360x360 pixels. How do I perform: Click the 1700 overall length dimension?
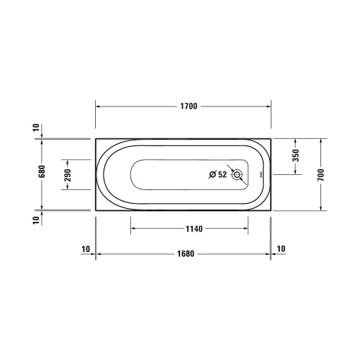coord(189,106)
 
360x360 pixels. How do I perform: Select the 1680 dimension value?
coord(186,253)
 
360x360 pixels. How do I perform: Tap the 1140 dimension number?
coord(194,229)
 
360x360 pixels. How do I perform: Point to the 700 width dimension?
coord(321,175)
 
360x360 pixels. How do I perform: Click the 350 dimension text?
coord(296,156)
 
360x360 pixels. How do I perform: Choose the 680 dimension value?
coord(42,171)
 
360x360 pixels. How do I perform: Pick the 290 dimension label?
coord(68,175)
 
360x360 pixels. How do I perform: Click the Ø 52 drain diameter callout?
coord(217,174)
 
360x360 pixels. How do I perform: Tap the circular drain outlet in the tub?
coord(237,175)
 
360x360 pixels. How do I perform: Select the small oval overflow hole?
coord(261,174)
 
